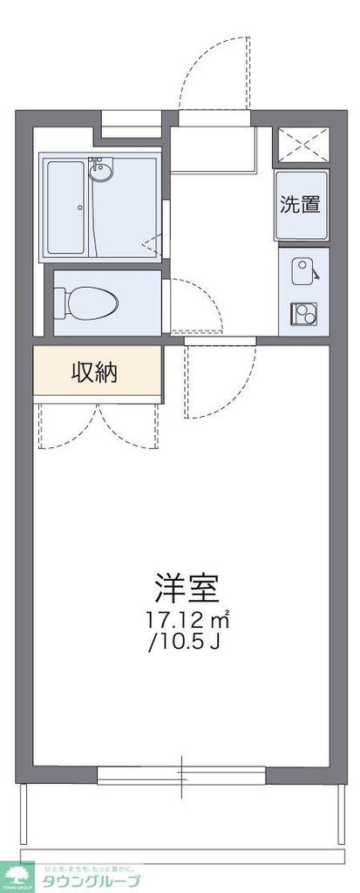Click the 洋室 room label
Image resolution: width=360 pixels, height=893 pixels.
(x=186, y=590)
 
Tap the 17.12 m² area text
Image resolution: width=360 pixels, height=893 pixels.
(x=187, y=621)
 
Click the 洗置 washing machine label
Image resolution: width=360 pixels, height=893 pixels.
(x=300, y=205)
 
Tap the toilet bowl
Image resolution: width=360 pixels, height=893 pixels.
(x=86, y=303)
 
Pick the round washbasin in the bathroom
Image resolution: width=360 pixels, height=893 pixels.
(x=102, y=171)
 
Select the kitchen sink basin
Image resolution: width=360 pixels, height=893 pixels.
(x=302, y=270)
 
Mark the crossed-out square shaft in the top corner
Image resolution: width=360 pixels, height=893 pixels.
(x=302, y=144)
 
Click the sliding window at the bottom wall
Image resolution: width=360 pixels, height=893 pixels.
(x=183, y=773)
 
